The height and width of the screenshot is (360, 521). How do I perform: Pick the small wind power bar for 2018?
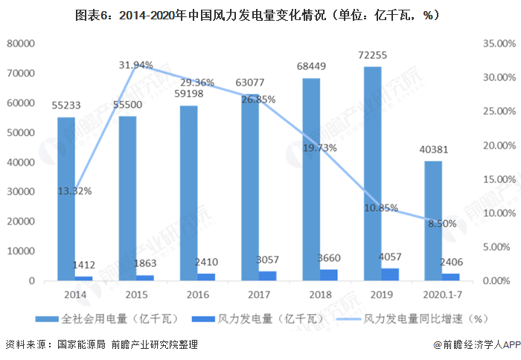coord(328,275)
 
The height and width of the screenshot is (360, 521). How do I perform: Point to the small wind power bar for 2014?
coord(84,279)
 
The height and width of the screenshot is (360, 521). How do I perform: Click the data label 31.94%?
coord(136,65)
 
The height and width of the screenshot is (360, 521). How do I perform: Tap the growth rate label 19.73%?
coord(320,147)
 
